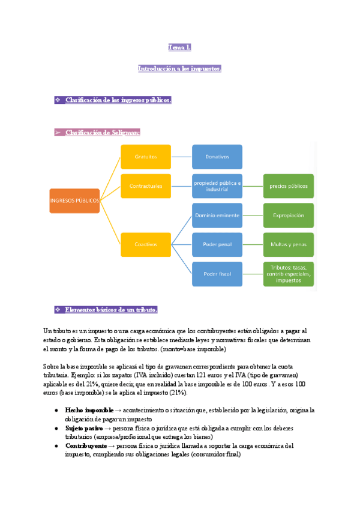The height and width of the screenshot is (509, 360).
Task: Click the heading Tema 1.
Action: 179,47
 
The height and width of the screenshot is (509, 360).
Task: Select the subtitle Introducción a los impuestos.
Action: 179,69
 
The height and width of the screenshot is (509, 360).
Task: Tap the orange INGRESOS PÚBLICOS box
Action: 74,200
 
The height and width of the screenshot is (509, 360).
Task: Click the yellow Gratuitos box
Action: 146,157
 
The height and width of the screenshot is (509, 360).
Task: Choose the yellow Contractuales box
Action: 146,186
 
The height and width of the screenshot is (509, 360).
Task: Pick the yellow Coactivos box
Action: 146,244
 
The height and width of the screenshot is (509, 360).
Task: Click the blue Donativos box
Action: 217,157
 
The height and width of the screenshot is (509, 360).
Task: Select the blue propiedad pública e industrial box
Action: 217,186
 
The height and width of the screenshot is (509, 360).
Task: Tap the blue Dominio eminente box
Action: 217,215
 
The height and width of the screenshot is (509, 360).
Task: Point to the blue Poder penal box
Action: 217,244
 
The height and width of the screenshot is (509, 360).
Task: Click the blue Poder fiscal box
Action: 217,274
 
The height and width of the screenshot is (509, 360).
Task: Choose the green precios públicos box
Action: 288,186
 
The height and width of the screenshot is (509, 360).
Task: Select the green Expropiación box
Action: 288,215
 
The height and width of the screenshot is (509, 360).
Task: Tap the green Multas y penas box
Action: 288,244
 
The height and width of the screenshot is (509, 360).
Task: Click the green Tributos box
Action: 288,274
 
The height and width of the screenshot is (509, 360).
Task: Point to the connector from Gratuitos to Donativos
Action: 181,157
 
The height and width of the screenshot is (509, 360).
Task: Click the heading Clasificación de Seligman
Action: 103,132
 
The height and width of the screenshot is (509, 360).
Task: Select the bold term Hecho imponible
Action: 89,409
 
